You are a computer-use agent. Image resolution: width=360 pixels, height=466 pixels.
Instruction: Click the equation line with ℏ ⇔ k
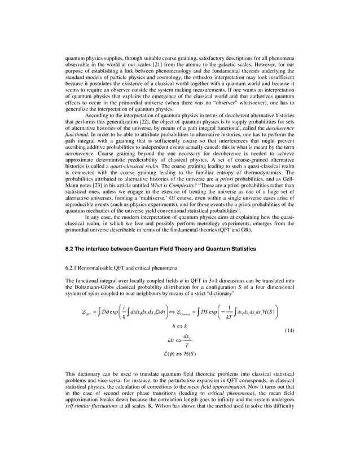pyautogui.click(x=180, y=326)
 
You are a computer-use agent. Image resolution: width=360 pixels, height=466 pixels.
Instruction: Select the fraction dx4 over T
pyautogui.click(x=186, y=341)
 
